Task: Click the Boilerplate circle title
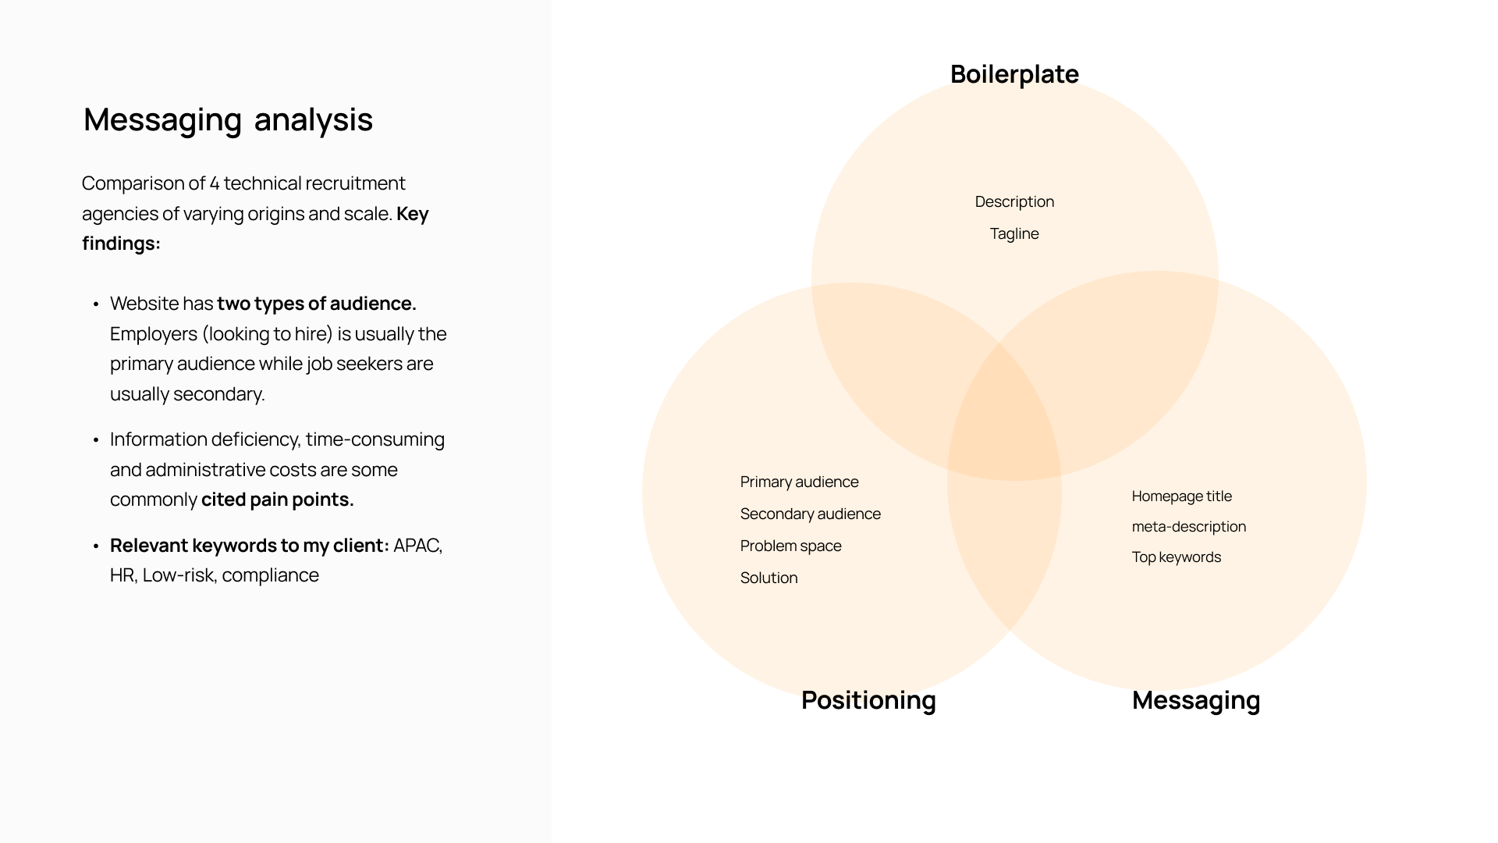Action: pyautogui.click(x=1014, y=74)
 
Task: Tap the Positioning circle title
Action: pyautogui.click(x=868, y=700)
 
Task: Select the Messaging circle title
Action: pyautogui.click(x=1196, y=700)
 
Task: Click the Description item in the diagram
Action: pyautogui.click(x=1014, y=201)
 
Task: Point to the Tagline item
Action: pyautogui.click(x=1014, y=233)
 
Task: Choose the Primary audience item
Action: pyautogui.click(x=799, y=482)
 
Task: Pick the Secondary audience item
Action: pyautogui.click(x=810, y=514)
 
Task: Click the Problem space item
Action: pyautogui.click(x=790, y=546)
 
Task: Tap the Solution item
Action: pyautogui.click(x=769, y=578)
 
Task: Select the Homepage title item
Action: pyautogui.click(x=1181, y=496)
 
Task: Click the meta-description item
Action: pyautogui.click(x=1188, y=526)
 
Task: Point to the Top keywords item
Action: pyautogui.click(x=1176, y=557)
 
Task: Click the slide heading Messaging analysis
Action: pyautogui.click(x=228, y=119)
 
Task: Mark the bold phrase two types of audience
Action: pyautogui.click(x=316, y=304)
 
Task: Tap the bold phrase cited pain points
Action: pyautogui.click(x=277, y=500)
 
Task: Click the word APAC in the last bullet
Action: pyautogui.click(x=417, y=546)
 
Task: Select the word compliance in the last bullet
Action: pyautogui.click(x=270, y=575)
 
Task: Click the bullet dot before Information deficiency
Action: pyautogui.click(x=96, y=440)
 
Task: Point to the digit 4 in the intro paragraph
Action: pyautogui.click(x=214, y=183)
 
